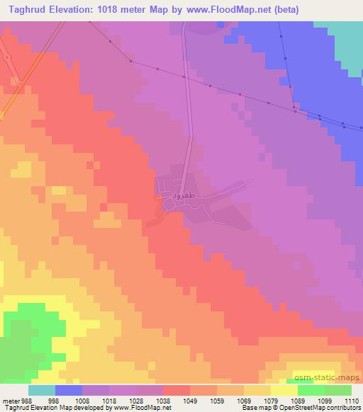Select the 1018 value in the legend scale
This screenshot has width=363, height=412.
pyautogui.click(x=108, y=401)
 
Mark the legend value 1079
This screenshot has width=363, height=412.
pyautogui.click(x=271, y=401)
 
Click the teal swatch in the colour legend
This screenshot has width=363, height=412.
pyautogui.click(x=42, y=390)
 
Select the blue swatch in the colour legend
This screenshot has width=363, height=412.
pyautogui.click(x=69, y=390)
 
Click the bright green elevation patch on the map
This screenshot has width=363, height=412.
pyautogui.click(x=25, y=333)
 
